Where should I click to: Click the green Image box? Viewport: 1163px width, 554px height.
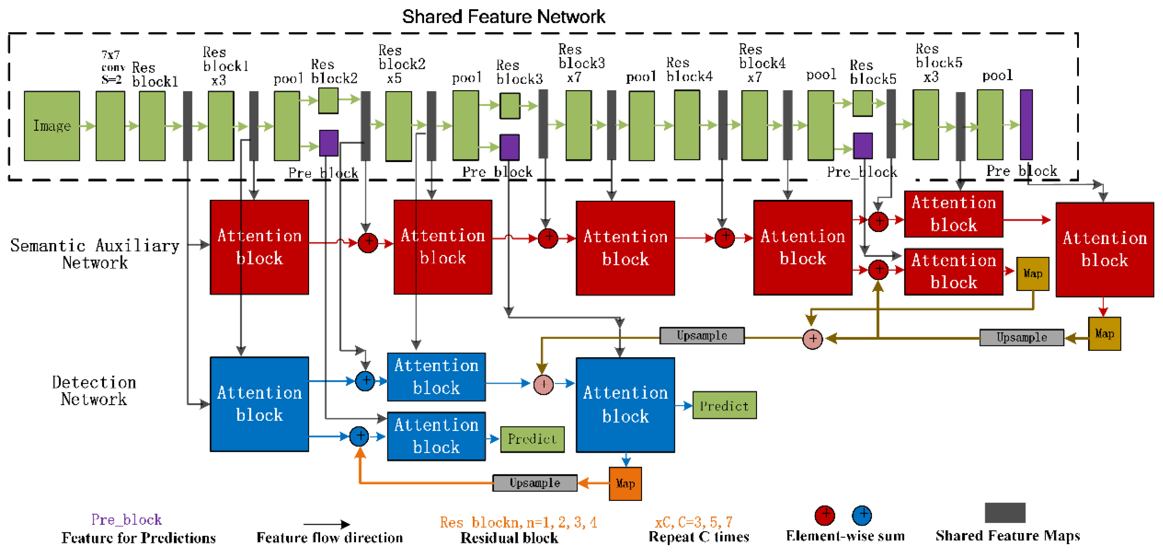point(51,126)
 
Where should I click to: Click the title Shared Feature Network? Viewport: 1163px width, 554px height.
point(503,17)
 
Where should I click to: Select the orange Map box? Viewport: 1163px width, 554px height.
point(625,484)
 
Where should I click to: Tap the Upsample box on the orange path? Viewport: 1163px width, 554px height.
point(534,483)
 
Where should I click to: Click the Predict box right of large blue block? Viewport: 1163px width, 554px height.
point(724,405)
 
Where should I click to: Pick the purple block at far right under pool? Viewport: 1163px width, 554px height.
point(1026,124)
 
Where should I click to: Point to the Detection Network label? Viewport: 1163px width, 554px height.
point(94,391)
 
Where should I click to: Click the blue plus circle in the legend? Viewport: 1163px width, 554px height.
point(861,515)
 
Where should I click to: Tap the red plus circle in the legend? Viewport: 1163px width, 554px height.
point(824,515)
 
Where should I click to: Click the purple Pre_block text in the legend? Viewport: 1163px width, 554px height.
point(126,519)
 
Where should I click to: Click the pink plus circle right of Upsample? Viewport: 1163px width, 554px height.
point(812,338)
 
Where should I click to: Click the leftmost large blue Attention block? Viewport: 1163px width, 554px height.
point(259,404)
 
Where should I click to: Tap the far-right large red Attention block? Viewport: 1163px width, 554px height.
point(1104,249)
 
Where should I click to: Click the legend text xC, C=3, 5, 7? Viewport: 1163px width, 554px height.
point(693,522)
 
